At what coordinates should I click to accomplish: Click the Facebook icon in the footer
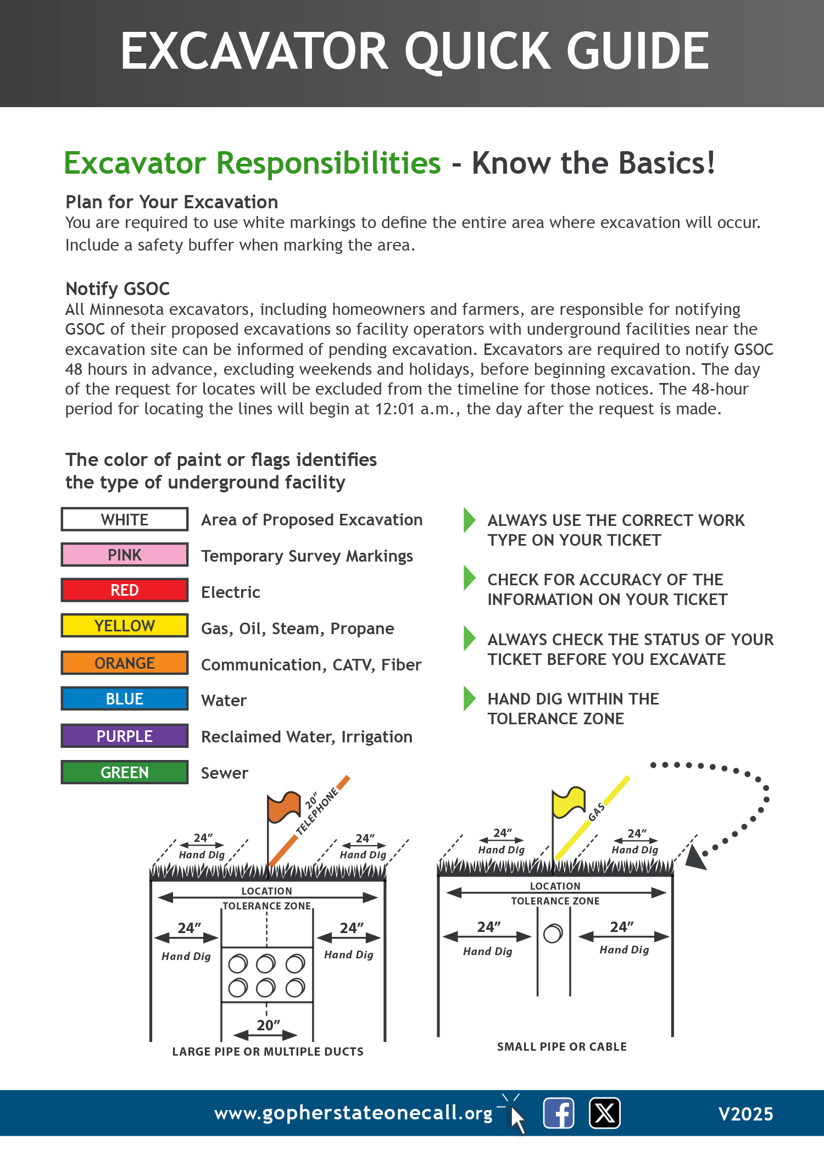click(559, 1113)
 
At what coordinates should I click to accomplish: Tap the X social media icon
click(604, 1113)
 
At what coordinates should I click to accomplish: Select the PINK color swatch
click(125, 555)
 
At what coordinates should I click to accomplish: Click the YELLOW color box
click(125, 626)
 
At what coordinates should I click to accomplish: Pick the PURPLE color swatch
click(125, 736)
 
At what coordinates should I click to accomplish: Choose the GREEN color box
click(125, 773)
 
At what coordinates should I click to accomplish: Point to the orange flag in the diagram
click(283, 807)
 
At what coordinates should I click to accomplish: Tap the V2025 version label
click(745, 1114)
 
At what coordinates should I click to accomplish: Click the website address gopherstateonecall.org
click(353, 1113)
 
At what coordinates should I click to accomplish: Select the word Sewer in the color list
click(225, 773)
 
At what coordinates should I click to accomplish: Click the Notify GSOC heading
click(118, 289)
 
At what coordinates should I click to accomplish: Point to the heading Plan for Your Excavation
click(171, 202)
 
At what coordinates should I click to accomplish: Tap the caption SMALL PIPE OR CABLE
click(561, 1047)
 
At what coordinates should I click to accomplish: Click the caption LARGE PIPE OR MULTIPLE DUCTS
click(268, 1052)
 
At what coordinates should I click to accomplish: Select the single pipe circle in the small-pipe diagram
click(553, 934)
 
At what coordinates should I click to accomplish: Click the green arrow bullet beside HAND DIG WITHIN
click(469, 699)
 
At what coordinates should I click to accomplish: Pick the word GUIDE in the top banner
click(638, 51)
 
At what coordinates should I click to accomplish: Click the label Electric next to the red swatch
click(231, 592)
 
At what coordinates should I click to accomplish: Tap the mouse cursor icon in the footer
click(517, 1119)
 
